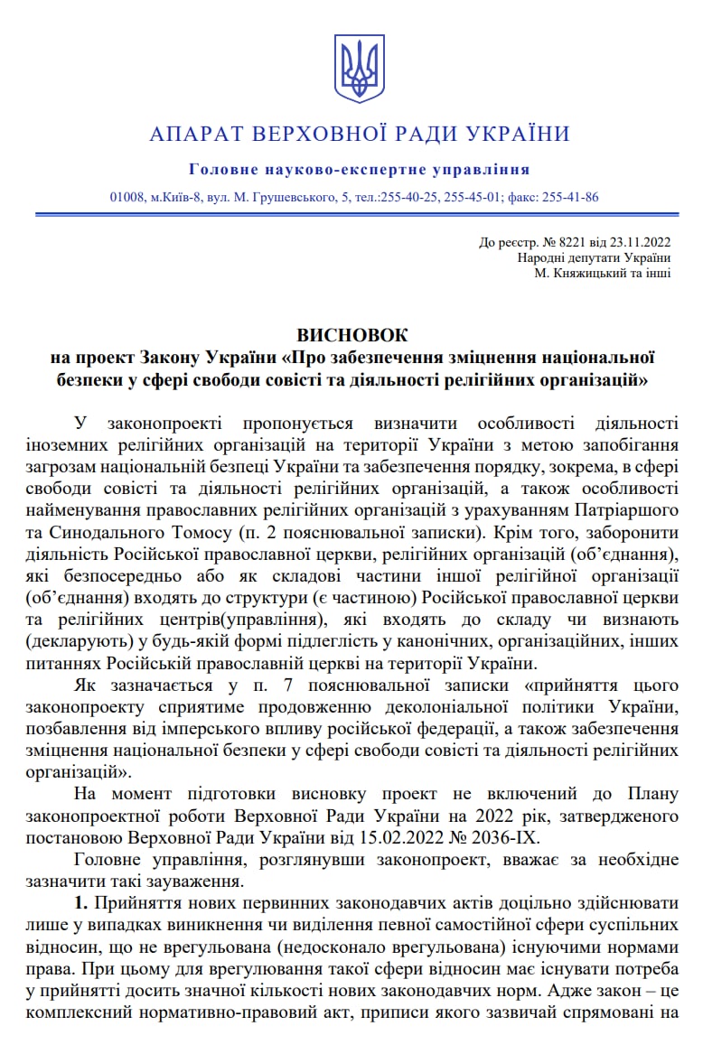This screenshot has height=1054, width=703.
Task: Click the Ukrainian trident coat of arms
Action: pos(360,68)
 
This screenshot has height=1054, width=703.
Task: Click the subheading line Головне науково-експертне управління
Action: pos(360,170)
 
